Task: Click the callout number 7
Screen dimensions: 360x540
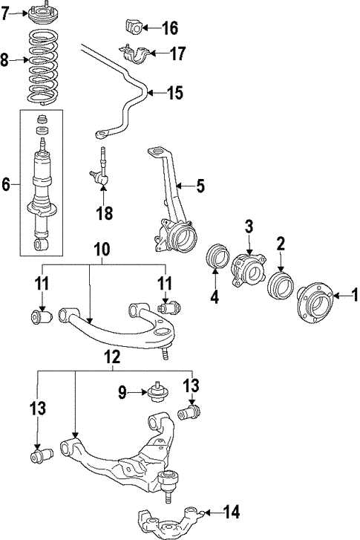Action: coord(5,13)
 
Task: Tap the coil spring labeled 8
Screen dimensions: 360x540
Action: coord(42,67)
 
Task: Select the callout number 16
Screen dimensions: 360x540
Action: coord(170,28)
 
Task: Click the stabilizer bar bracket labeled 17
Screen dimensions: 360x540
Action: coord(134,53)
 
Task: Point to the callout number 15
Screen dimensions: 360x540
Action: coord(174,93)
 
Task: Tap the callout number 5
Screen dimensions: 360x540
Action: coord(200,186)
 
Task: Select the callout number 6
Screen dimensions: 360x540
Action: coord(6,185)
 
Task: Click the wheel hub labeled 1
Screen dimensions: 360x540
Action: coord(314,302)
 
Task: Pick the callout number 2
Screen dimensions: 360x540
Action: coord(281,244)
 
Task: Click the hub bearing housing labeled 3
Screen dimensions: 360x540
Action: coord(249,270)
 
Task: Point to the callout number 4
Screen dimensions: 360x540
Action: coord(215,297)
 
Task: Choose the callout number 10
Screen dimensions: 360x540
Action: coord(102,250)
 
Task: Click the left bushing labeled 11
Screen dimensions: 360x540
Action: coord(41,316)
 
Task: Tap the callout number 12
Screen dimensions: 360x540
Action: coord(113,357)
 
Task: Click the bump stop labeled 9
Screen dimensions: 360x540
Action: coord(157,391)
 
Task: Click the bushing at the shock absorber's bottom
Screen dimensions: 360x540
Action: coord(42,244)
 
